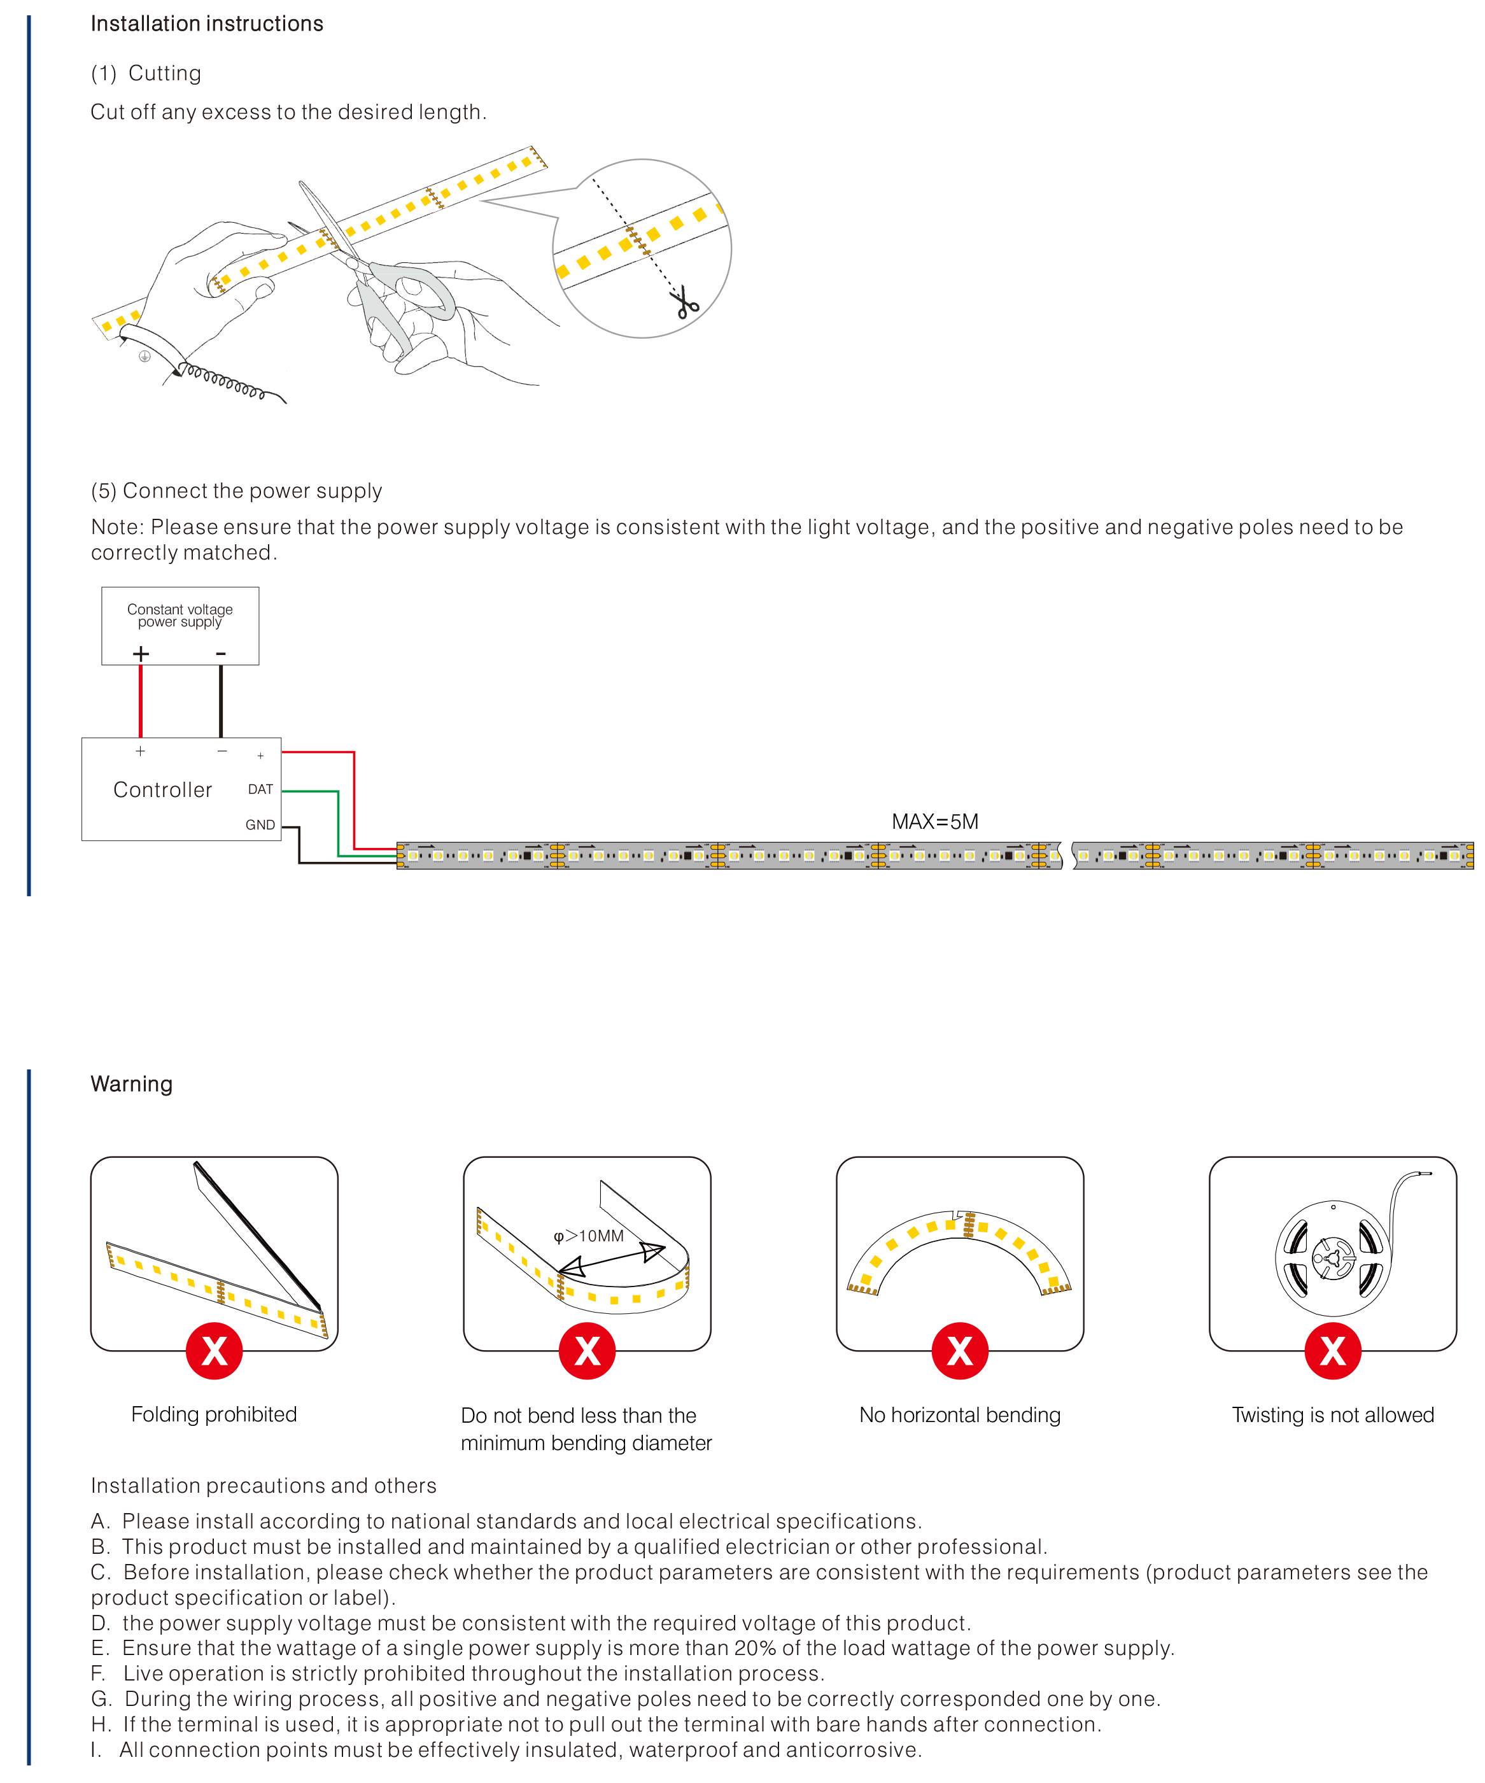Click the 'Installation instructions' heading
click(206, 24)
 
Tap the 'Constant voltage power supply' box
click(180, 625)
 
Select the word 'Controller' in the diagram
click(162, 789)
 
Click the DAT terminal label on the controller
click(260, 789)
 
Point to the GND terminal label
click(260, 824)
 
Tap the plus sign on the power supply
click(141, 653)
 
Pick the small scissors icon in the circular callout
click(685, 303)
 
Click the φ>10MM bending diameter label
click(588, 1236)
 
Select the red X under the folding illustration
click(214, 1350)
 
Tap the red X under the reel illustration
click(1332, 1350)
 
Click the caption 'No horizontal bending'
click(959, 1414)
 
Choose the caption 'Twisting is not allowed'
click(1332, 1414)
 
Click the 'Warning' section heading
click(132, 1084)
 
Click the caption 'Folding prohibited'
click(214, 1414)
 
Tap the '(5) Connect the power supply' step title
click(236, 491)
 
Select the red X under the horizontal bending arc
click(959, 1350)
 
